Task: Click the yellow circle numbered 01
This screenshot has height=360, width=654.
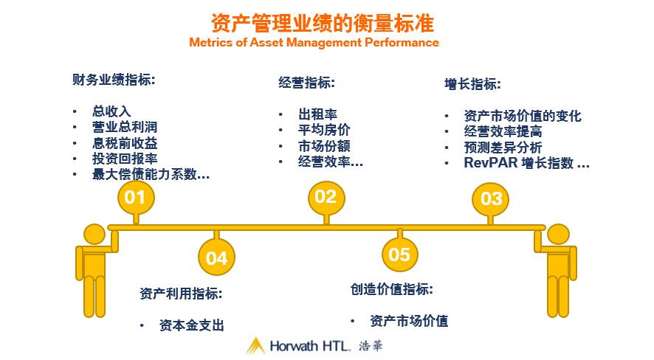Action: [136, 197]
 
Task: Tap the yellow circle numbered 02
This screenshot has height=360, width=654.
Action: [326, 196]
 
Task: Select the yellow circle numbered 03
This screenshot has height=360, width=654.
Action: [491, 198]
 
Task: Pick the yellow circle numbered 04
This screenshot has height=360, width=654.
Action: [216, 257]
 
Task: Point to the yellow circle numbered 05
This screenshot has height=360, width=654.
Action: [399, 255]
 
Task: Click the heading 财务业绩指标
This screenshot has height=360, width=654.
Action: [114, 80]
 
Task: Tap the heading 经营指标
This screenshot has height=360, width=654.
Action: [306, 83]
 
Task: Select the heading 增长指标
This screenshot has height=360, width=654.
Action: [472, 83]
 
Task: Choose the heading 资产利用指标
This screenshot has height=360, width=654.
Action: [181, 293]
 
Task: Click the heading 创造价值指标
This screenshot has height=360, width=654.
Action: [391, 289]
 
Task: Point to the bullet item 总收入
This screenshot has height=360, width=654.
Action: [111, 111]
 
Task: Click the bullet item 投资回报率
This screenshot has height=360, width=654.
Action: [125, 159]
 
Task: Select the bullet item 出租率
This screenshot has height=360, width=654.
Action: [318, 115]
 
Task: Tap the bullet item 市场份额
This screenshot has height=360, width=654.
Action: [324, 145]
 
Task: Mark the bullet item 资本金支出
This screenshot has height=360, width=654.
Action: [191, 325]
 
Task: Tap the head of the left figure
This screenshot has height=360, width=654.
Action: [94, 235]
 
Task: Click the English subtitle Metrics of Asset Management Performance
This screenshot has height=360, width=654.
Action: [314, 43]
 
